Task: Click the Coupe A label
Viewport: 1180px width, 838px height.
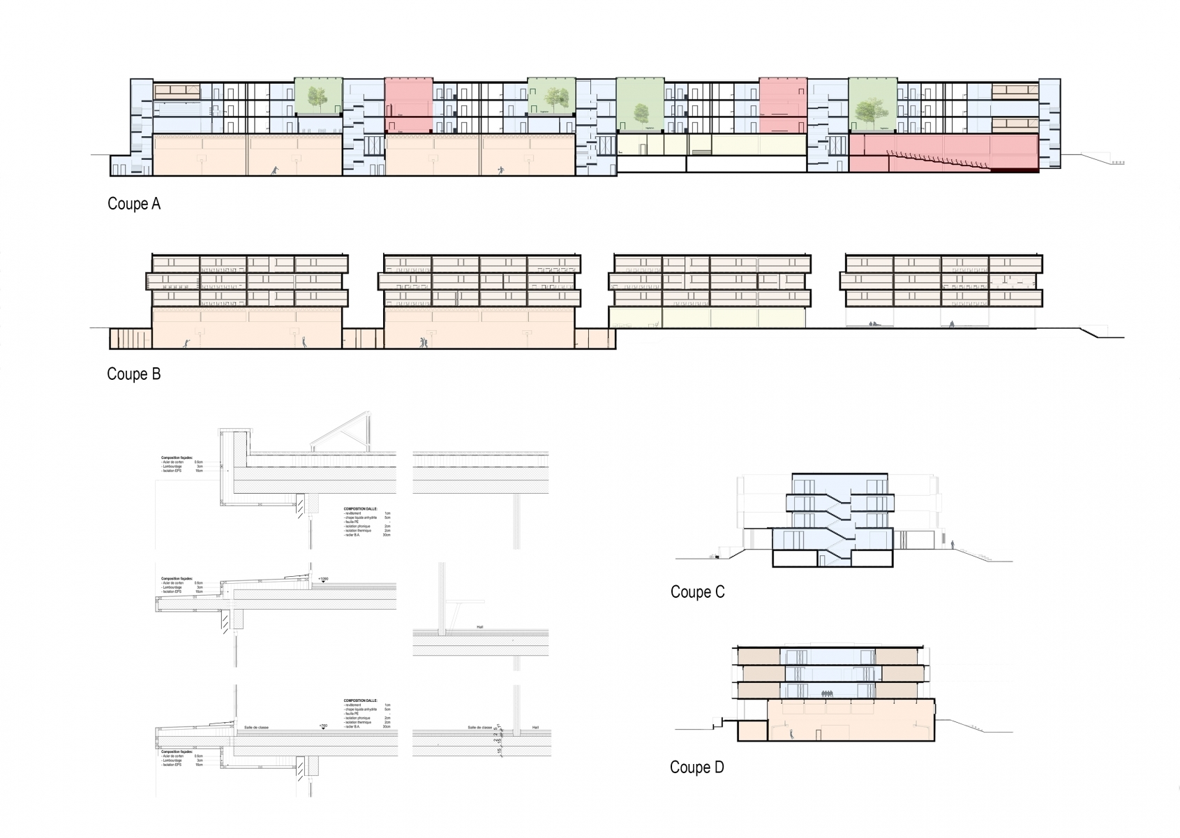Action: pos(134,204)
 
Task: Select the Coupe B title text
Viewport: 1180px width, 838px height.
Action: pos(134,374)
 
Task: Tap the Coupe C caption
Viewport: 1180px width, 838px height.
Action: pos(697,592)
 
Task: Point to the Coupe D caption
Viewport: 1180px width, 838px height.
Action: pos(696,767)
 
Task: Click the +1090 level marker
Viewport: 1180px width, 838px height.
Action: pos(322,580)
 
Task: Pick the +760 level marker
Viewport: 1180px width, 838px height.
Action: pos(322,727)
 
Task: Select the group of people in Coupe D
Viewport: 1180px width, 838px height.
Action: pos(828,693)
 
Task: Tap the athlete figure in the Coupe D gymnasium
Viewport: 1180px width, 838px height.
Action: pos(792,733)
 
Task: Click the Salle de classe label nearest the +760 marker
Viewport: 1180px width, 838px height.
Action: pos(256,728)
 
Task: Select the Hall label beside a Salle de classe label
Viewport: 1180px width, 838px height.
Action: pos(535,728)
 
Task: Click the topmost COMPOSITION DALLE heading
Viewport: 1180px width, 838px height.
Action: pos(360,509)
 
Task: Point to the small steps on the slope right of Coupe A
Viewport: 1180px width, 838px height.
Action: pos(1117,163)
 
